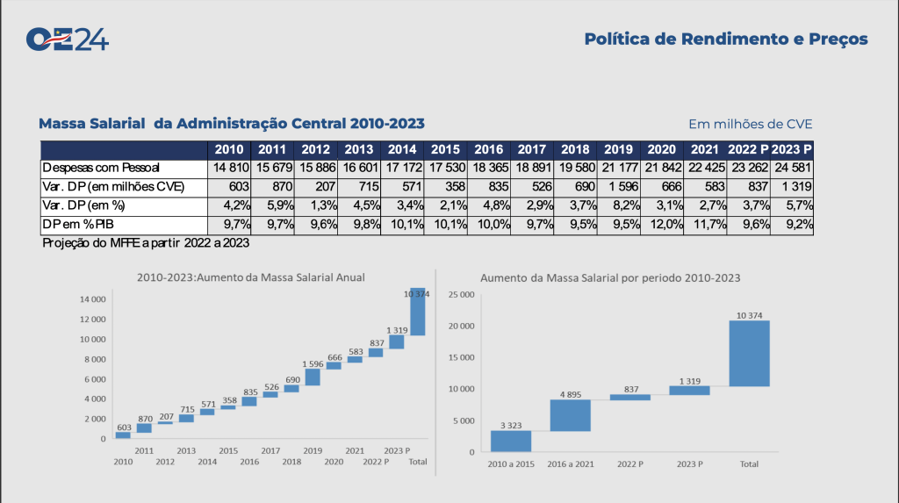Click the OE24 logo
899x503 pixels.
coord(68,40)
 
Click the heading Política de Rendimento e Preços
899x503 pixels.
coord(726,40)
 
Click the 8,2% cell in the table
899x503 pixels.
coord(620,205)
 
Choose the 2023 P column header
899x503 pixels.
coord(792,148)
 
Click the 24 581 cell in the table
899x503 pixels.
coord(792,167)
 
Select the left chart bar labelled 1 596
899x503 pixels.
coord(313,377)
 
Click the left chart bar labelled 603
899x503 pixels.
coord(123,435)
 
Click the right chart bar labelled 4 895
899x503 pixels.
coord(570,415)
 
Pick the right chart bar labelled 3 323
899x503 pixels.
coord(510,441)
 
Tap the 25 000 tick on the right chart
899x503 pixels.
coord(462,294)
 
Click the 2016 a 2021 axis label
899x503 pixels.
coord(570,463)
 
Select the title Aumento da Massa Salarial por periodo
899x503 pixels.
coord(610,277)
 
